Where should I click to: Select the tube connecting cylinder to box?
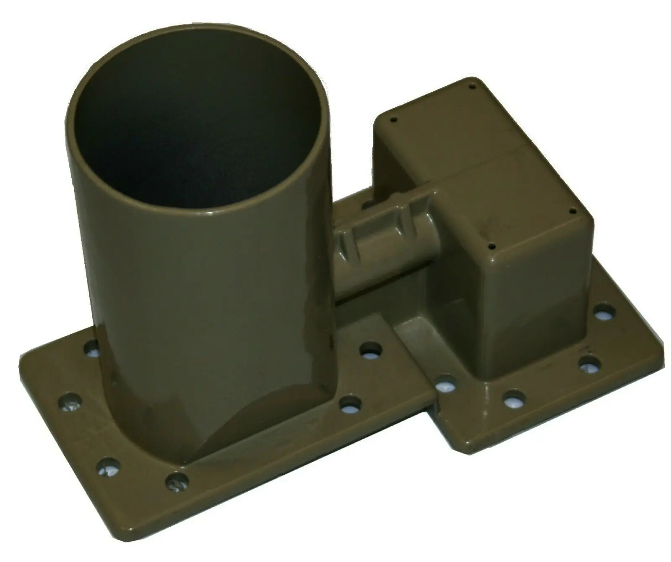(x=377, y=268)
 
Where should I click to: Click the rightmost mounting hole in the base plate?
(x=604, y=312)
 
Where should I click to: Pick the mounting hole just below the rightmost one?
(x=590, y=363)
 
